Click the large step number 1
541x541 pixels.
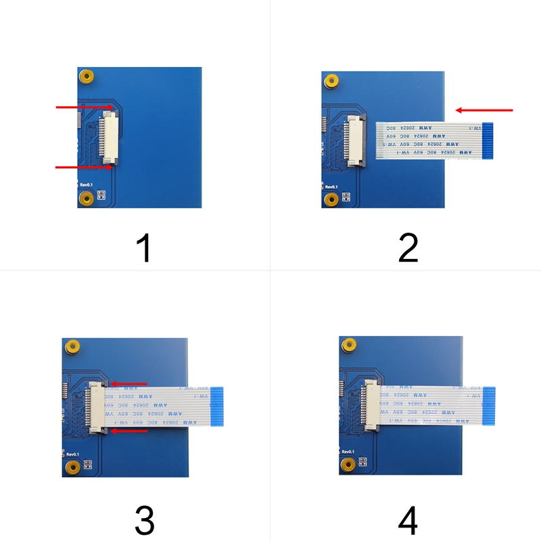click(143, 248)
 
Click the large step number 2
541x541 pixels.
click(408, 248)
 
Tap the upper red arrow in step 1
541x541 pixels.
click(85, 107)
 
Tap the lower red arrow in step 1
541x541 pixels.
click(85, 166)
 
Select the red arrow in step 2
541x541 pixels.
click(484, 110)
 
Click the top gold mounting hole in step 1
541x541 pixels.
click(86, 76)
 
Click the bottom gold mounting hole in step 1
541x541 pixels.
click(86, 198)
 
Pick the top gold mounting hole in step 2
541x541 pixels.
click(331, 81)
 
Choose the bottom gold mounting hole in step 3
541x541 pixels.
click(71, 467)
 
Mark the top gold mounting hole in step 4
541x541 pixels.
click(348, 345)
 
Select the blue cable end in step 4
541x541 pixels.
click(488, 406)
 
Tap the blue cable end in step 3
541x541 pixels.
click(217, 406)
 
